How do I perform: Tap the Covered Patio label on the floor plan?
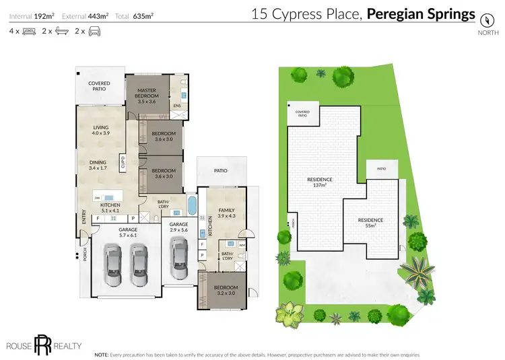99,87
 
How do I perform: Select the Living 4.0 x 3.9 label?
100,131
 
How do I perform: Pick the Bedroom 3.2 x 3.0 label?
225,291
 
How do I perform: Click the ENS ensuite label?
177,106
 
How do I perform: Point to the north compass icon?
484,20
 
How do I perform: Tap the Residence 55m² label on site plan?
370,223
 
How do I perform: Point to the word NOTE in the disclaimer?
102,354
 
